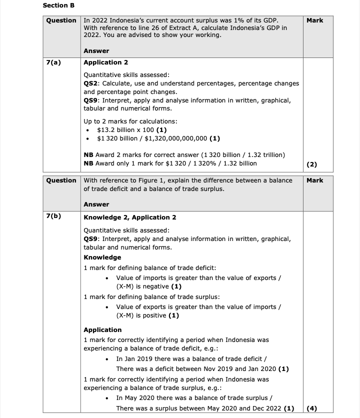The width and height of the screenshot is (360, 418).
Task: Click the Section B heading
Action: (x=58, y=5)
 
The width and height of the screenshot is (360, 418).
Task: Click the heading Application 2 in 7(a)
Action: (x=105, y=62)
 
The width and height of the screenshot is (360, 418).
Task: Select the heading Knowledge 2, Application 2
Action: (x=129, y=217)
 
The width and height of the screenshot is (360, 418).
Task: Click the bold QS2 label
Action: (x=91, y=83)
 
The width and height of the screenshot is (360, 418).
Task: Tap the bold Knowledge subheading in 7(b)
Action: (x=102, y=257)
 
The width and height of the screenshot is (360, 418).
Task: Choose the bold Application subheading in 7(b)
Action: (x=102, y=329)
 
